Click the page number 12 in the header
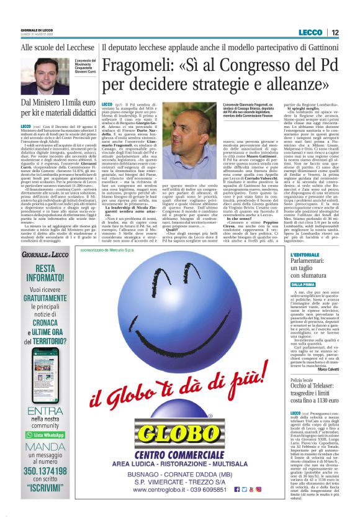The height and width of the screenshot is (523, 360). point(335,32)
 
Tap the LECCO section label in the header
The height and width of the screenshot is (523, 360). point(310,32)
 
